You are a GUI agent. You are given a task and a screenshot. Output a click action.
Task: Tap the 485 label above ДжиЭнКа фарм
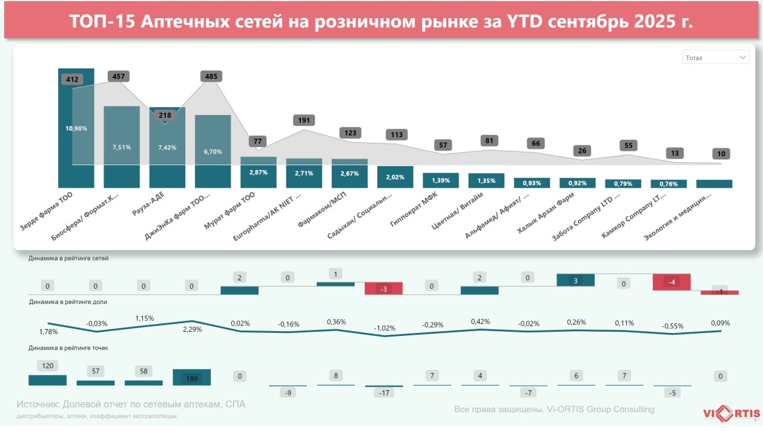[x=211, y=76]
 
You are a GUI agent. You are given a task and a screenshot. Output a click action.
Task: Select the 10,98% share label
[x=76, y=128]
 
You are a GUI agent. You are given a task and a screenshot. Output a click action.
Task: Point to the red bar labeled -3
[x=383, y=289]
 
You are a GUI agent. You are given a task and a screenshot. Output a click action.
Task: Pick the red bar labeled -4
[x=672, y=282]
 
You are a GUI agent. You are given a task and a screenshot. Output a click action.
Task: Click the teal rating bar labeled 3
[x=575, y=280]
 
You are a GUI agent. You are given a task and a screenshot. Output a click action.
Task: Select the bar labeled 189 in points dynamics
[x=191, y=378]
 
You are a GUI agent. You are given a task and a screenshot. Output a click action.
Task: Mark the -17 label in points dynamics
[x=383, y=392]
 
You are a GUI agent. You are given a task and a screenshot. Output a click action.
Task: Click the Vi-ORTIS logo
[x=732, y=414]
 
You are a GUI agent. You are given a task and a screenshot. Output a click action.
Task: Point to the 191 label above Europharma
[x=303, y=120]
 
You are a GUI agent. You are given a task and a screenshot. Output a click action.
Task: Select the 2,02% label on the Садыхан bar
[x=395, y=177]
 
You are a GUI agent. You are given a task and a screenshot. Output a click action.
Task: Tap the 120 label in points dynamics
[x=47, y=366]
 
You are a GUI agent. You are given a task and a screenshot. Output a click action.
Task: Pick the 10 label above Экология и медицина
[x=721, y=154]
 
